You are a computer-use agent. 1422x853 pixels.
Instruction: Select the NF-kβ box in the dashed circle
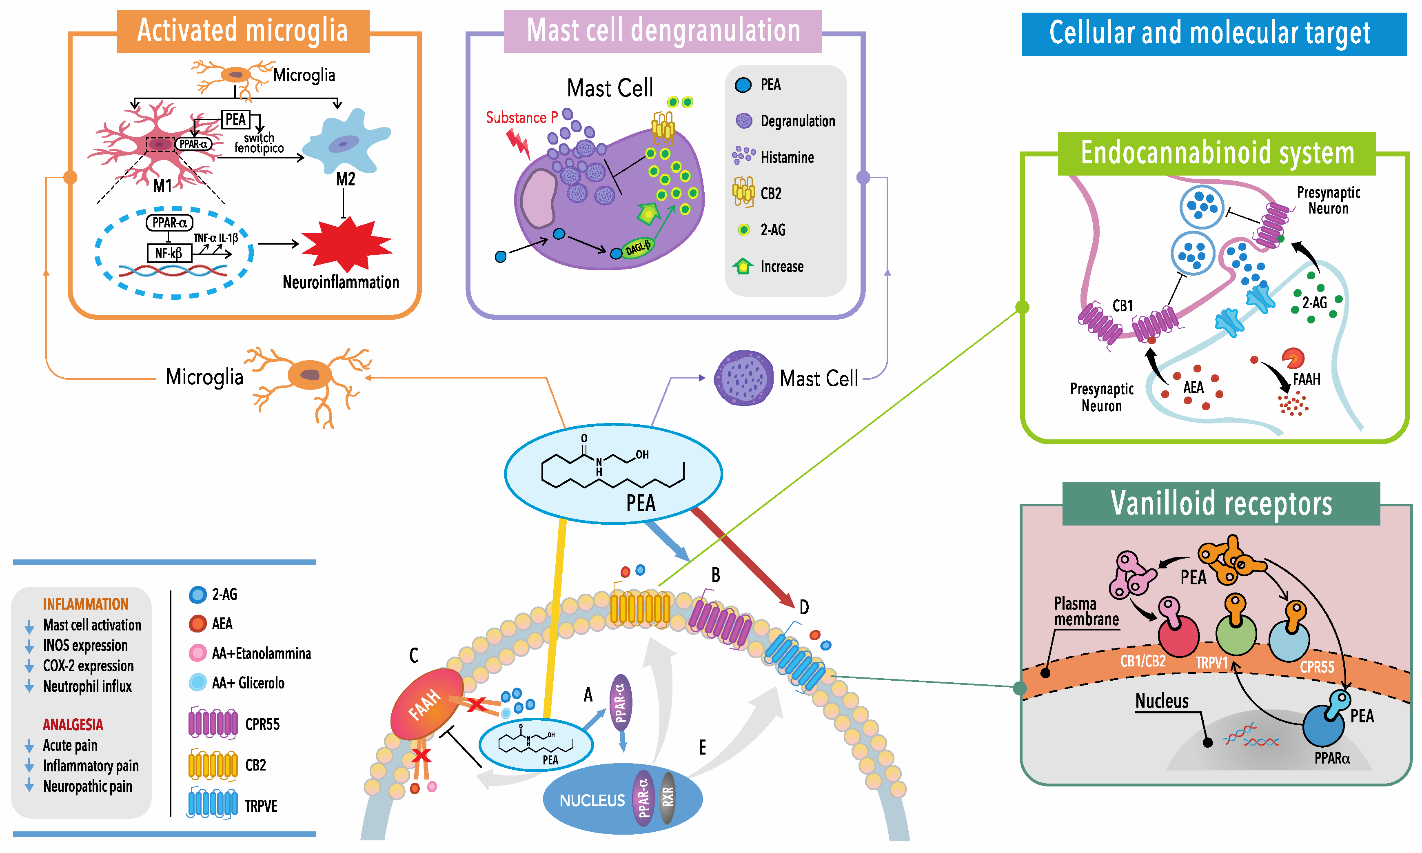click(169, 253)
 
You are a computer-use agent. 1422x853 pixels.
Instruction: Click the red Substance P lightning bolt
click(519, 144)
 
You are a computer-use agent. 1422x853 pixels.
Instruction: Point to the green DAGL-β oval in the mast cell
click(638, 248)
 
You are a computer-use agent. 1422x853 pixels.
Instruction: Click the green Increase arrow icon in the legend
click(743, 266)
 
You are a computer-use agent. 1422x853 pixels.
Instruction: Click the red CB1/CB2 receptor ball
click(1178, 636)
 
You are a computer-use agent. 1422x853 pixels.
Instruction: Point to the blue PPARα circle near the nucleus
click(1323, 726)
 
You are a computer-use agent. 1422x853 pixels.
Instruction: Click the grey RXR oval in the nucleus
click(668, 798)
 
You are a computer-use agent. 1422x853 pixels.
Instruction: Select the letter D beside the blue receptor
click(804, 607)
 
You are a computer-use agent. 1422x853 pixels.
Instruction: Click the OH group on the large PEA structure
click(642, 454)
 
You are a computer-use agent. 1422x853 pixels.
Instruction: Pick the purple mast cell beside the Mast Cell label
click(743, 378)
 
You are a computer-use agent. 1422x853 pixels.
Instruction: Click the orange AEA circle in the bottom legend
click(197, 624)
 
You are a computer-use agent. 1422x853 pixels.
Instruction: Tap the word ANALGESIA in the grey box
click(73, 724)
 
